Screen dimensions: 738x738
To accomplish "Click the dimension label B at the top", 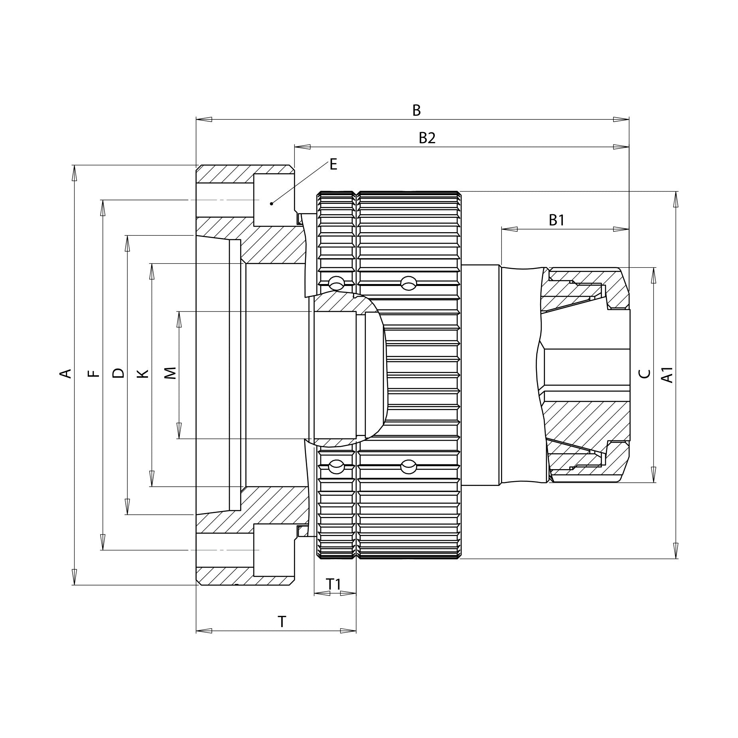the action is pos(416,111).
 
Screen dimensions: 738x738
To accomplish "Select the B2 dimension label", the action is pos(427,138).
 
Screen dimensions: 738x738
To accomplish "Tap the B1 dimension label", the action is pos(556,220).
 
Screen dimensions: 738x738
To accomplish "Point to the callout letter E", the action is pos(333,164).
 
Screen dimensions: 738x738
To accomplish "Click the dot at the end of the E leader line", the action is pos(271,204).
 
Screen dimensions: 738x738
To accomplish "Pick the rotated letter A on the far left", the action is pos(66,373).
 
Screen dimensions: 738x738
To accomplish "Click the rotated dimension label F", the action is pos(93,373).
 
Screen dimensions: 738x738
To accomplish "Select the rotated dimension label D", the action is pos(118,373).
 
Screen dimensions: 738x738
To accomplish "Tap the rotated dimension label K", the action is pos(143,374).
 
